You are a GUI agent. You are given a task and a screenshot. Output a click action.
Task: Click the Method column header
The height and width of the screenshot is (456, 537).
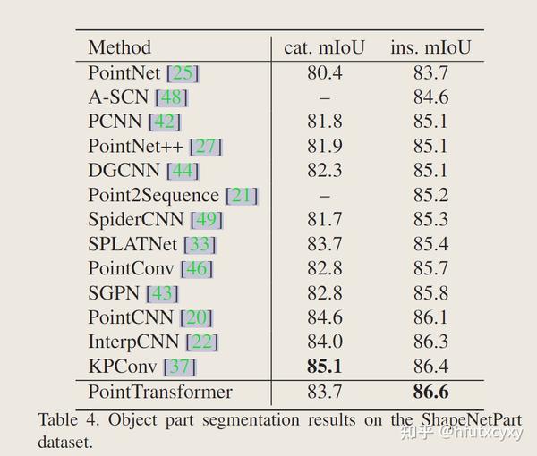click(x=120, y=47)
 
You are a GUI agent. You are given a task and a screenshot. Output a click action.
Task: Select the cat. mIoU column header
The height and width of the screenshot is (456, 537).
click(x=324, y=47)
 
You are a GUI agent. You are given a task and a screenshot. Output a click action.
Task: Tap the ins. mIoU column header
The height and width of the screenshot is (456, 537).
click(x=430, y=47)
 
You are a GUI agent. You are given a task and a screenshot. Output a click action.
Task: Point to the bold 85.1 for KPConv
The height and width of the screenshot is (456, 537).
click(x=324, y=366)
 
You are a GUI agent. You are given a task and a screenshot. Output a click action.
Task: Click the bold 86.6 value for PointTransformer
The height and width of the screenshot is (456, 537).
click(x=430, y=392)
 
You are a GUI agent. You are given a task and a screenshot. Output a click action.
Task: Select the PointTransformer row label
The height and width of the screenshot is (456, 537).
click(x=160, y=392)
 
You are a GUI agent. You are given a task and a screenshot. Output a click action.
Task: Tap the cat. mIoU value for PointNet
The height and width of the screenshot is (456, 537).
click(x=324, y=72)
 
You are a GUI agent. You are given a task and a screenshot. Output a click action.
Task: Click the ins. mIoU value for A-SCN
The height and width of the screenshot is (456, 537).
click(x=430, y=97)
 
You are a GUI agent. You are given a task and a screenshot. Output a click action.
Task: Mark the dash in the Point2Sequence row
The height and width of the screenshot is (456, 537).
click(x=324, y=195)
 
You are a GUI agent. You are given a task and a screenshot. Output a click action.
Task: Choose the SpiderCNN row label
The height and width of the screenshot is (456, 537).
click(x=136, y=219)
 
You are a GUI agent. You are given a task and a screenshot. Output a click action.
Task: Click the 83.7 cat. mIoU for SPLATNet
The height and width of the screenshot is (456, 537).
click(x=324, y=243)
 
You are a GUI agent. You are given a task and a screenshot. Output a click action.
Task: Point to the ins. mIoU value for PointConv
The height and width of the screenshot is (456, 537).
click(x=430, y=268)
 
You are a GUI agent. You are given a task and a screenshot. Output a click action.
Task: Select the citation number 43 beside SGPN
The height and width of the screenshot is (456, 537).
click(x=165, y=292)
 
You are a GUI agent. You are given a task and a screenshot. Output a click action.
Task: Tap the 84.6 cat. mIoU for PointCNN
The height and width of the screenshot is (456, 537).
click(x=324, y=317)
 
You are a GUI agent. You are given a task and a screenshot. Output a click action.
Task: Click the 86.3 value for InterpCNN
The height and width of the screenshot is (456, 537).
click(x=430, y=342)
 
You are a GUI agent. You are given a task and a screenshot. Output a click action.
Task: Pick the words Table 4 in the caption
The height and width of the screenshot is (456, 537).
click(x=64, y=420)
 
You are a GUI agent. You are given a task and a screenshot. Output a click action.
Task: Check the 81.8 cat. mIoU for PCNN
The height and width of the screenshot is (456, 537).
click(x=324, y=122)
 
